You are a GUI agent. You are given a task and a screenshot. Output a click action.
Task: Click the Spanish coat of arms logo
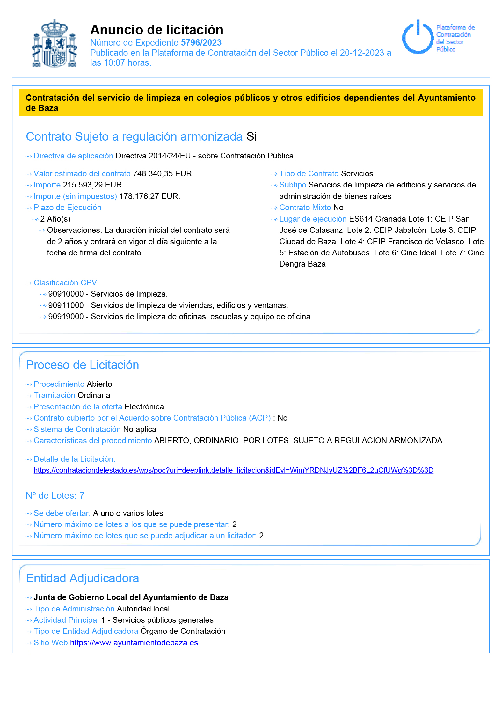coord(55,43)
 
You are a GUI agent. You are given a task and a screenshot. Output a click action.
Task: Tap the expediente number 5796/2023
coord(201,43)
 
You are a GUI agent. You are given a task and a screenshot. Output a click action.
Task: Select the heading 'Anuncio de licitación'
coord(156,30)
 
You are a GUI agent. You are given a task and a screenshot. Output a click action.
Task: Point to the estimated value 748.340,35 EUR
coord(163,174)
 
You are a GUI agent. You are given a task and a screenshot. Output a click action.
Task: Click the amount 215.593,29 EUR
coord(93,185)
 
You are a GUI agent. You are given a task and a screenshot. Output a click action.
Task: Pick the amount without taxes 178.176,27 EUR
coord(149,196)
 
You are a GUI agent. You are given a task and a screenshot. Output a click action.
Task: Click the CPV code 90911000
coord(66,305)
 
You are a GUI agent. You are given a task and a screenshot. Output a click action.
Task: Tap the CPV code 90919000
coord(66,317)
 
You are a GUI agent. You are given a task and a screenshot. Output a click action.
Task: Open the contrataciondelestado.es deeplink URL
coord(233,470)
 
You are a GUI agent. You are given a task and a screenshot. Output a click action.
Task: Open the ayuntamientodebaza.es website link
coord(134,643)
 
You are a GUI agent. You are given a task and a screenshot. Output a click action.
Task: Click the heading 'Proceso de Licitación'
coord(82,365)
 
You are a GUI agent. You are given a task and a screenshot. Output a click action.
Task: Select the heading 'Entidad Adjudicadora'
coord(82,578)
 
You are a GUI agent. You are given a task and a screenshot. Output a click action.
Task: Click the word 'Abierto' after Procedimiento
coord(99,384)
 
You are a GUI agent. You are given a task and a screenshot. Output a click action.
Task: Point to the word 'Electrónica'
coord(144,407)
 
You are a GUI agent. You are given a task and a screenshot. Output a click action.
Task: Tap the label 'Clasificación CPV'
coord(65,283)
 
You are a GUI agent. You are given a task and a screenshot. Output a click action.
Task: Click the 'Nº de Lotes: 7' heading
coord(55,496)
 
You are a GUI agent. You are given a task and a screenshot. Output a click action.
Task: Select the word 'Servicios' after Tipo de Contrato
coord(357,174)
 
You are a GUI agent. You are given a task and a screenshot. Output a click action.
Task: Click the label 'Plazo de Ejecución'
coord(67,208)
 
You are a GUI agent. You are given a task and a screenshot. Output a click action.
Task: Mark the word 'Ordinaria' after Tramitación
coord(94,395)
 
